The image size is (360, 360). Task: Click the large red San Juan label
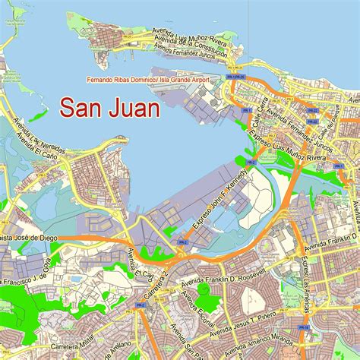pos(110,108)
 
